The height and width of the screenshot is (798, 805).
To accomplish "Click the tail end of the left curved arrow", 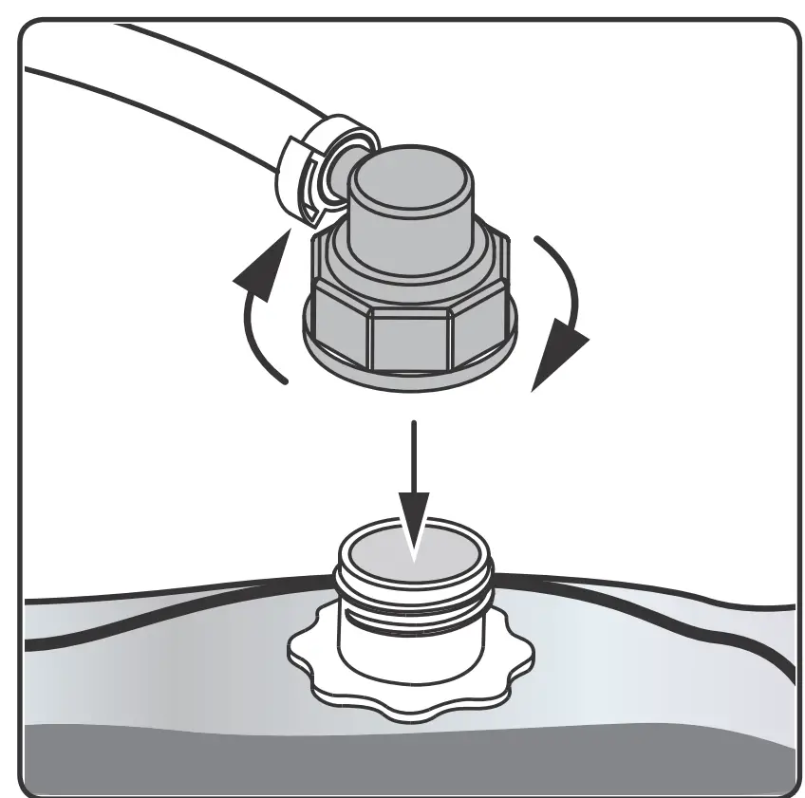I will point(285,380).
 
